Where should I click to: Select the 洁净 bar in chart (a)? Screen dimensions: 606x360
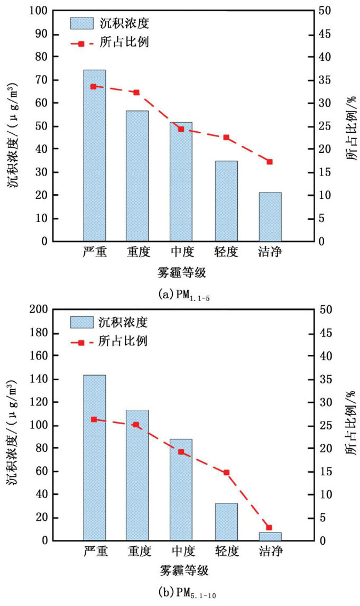pos(270,217)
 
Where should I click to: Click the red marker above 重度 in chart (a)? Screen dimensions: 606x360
pos(136,93)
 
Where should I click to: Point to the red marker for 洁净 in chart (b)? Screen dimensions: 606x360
pos(269,528)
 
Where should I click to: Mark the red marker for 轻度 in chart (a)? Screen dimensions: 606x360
pos(226,137)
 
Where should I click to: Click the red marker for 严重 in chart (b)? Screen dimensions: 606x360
pos(94,419)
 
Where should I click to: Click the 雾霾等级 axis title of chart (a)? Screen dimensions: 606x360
pos(181,273)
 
